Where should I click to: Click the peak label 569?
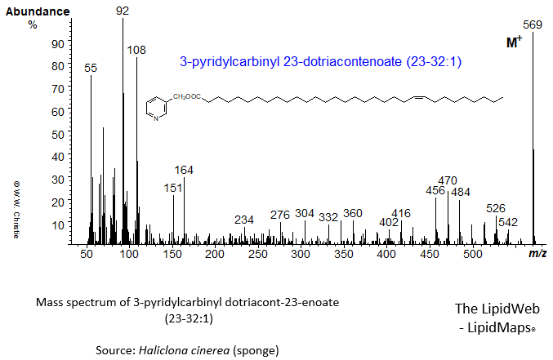[533, 24]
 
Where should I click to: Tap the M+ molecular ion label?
[514, 42]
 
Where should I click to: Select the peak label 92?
[123, 11]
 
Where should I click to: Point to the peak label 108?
[136, 50]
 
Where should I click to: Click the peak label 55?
[91, 69]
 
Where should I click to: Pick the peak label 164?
[184, 170]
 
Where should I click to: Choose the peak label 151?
[172, 188]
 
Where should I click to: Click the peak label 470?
[448, 180]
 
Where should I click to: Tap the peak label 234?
[244, 220]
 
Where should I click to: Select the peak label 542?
[508, 222]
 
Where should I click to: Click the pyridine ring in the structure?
[155, 108]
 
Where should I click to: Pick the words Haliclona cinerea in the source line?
[194, 350]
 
